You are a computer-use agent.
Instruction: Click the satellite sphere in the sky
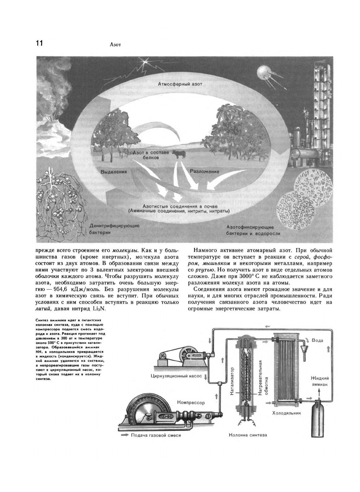coord(263,72)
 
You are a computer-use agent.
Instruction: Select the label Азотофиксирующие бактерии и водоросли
coord(253,230)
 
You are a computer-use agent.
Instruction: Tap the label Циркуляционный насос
coord(176,376)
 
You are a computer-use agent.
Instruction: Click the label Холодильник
coord(286,413)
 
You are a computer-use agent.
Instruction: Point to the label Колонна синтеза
coord(248,435)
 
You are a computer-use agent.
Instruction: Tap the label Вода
coord(317,340)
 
